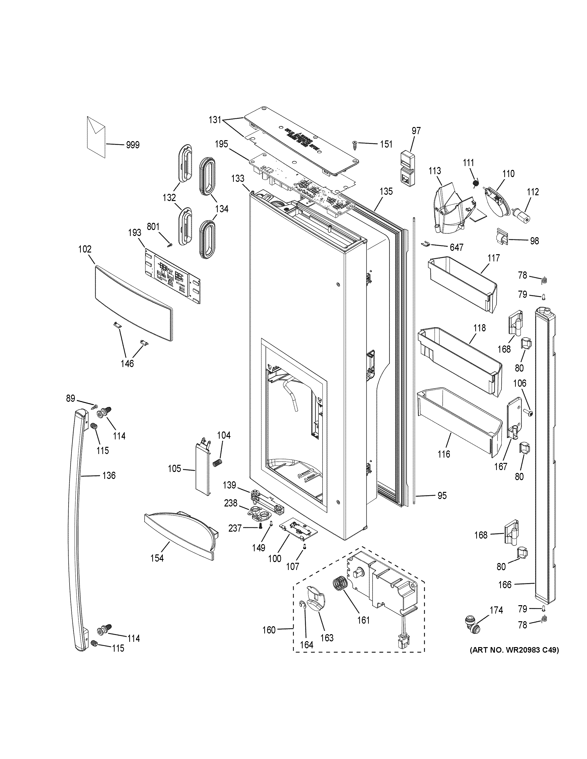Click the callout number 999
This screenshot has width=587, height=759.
point(133,145)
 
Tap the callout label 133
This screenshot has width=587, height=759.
point(238,179)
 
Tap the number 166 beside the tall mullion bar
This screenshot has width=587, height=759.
point(505,585)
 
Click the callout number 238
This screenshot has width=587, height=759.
point(231,503)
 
